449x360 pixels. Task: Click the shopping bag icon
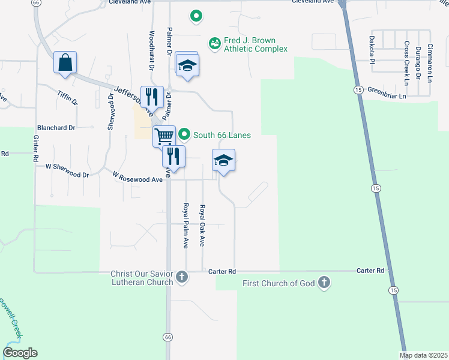click(x=65, y=62)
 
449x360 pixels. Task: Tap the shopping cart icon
click(x=164, y=136)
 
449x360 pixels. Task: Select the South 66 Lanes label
click(x=221, y=135)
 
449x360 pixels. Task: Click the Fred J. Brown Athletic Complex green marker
click(x=214, y=43)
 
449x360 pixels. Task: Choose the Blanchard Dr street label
click(x=56, y=128)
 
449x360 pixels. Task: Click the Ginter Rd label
click(x=37, y=147)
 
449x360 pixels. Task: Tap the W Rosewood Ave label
click(x=137, y=176)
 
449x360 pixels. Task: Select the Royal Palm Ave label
click(x=186, y=226)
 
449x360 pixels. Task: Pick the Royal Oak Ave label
click(x=203, y=226)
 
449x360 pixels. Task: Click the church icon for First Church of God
click(x=324, y=283)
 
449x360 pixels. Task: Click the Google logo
click(x=20, y=353)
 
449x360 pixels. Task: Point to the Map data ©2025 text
click(x=424, y=355)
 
